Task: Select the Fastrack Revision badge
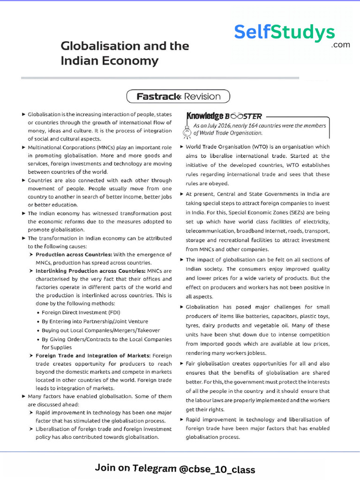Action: coord(178,97)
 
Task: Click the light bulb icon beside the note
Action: coord(187,130)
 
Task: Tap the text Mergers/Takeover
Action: coord(137,330)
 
